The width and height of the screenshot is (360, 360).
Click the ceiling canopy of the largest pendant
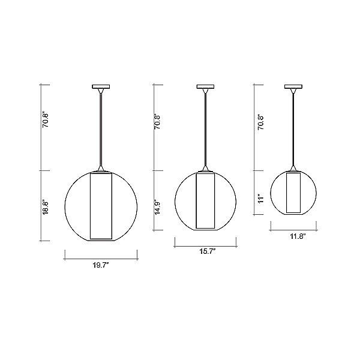(x=100, y=88)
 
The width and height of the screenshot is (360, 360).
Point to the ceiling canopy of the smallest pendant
(x=294, y=88)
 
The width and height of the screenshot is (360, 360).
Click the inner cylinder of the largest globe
(x=100, y=207)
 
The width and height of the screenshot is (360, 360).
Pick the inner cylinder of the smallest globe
(x=293, y=193)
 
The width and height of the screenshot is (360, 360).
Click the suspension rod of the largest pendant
(x=100, y=129)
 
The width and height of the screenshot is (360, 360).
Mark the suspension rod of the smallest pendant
(x=294, y=129)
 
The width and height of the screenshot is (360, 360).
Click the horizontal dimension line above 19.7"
(x=100, y=259)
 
